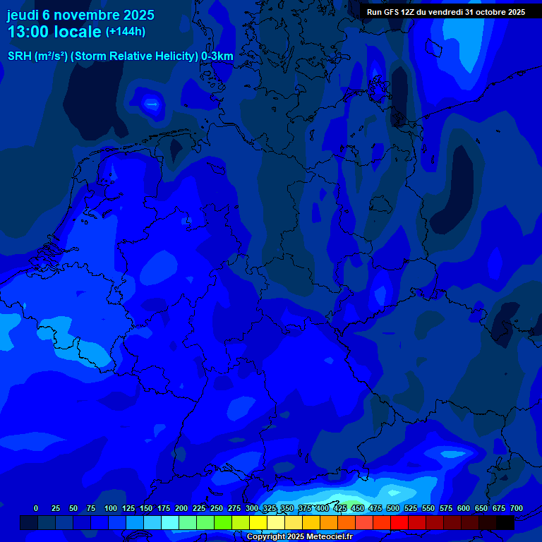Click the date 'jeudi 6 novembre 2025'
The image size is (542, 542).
pos(80,15)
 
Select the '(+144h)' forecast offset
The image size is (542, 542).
pos(126,32)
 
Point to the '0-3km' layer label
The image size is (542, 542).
pos(217,56)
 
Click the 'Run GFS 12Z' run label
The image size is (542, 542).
pos(390,12)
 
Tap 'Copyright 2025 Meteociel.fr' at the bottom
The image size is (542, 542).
pos(299,536)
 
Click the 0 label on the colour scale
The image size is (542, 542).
pos(36,508)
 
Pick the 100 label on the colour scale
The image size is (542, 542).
pos(111,508)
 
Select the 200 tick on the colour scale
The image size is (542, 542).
pos(181,508)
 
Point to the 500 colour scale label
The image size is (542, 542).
pos(393,508)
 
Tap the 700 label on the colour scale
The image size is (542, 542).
pos(517,508)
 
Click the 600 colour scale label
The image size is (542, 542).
pos(464,508)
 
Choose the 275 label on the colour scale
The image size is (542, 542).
pos(234,508)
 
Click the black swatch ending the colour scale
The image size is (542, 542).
pos(505,522)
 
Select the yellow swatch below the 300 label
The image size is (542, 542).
pos(258,522)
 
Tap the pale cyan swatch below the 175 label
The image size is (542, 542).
pos(170,522)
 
